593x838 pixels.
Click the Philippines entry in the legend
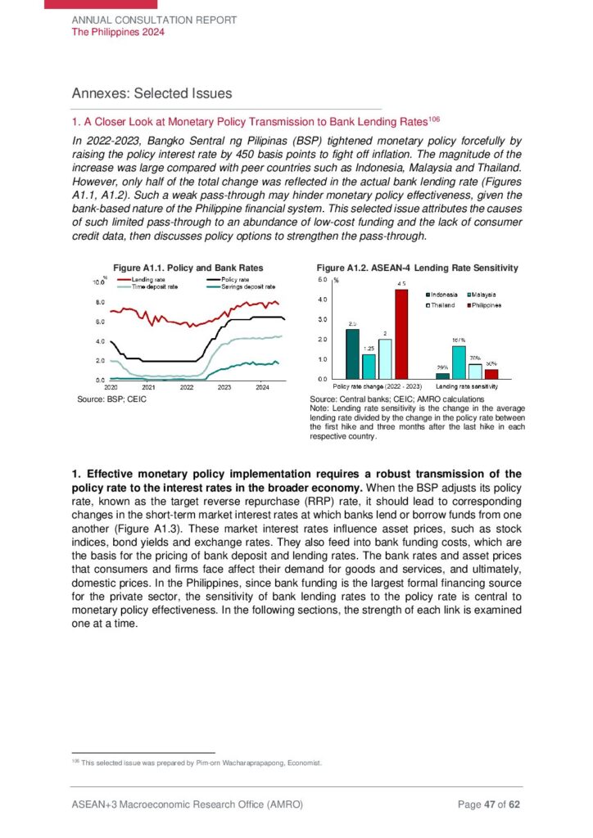[x=487, y=305]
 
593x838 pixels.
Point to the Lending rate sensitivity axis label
[x=467, y=385]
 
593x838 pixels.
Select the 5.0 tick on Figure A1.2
[x=323, y=280]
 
